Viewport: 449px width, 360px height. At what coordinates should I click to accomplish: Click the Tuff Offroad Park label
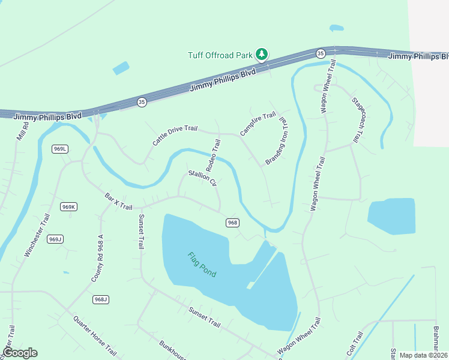click(x=220, y=55)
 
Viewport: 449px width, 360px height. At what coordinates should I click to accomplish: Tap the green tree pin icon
click(x=262, y=54)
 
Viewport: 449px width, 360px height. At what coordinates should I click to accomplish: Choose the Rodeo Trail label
click(x=214, y=154)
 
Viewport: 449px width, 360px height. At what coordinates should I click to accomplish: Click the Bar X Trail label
click(x=118, y=201)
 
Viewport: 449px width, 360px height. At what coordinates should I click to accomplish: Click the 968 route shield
click(x=233, y=223)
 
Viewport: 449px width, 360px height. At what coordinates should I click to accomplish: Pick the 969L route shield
click(x=59, y=149)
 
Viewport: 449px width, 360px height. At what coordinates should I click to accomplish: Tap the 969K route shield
click(x=68, y=207)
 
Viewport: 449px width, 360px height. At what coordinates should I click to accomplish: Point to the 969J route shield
click(x=55, y=239)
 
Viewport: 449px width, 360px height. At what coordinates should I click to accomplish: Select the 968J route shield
click(x=100, y=299)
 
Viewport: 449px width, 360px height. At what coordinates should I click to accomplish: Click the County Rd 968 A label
click(x=98, y=259)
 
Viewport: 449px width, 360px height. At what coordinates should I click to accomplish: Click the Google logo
click(x=20, y=353)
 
